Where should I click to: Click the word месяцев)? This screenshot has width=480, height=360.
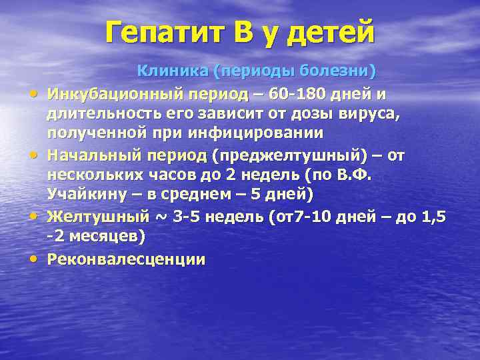pos(106,237)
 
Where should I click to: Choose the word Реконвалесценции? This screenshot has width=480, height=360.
pos(126,259)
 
